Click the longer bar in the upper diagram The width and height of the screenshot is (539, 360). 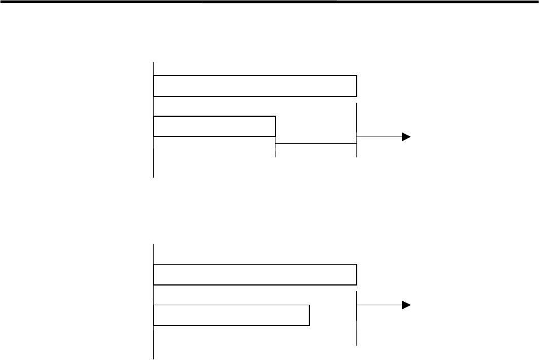pos(255,86)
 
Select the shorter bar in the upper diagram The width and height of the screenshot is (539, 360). pos(214,126)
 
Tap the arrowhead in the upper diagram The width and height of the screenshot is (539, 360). pos(405,137)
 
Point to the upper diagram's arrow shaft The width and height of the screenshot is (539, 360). pos(378,137)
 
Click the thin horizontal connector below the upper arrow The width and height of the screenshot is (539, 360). pos(315,144)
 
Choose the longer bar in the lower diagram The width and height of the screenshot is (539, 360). pos(255,274)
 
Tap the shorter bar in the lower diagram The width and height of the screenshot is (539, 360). pos(231,315)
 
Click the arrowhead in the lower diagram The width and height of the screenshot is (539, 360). pos(405,305)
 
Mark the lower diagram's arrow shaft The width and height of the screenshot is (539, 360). pos(378,305)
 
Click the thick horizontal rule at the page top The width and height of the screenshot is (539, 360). pos(269,2)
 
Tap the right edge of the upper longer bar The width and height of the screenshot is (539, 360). pos(357,86)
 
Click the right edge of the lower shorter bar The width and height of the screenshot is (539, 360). pos(309,315)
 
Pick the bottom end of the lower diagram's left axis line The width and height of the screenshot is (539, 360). pos(154,358)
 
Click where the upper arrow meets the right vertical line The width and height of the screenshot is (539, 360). pos(357,137)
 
